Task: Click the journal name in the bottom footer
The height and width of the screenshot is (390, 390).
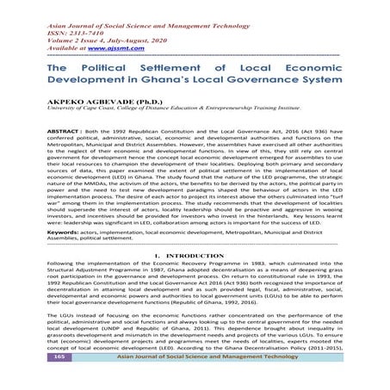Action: [206, 381]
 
